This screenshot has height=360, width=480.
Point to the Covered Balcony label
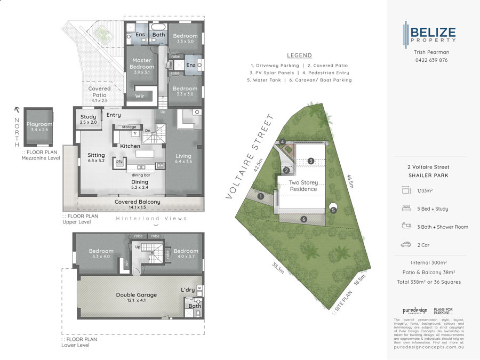137,202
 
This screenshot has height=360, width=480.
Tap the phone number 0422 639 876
430,60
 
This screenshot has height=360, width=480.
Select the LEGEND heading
299,55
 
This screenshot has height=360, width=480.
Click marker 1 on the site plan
261,196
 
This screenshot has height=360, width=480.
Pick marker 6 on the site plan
303,219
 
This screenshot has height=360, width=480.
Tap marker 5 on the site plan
333,210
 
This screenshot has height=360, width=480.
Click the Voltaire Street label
249,157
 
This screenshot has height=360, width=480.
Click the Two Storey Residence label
303,186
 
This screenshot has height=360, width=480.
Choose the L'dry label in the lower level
188,290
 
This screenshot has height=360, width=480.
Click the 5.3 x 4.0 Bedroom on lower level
101,254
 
